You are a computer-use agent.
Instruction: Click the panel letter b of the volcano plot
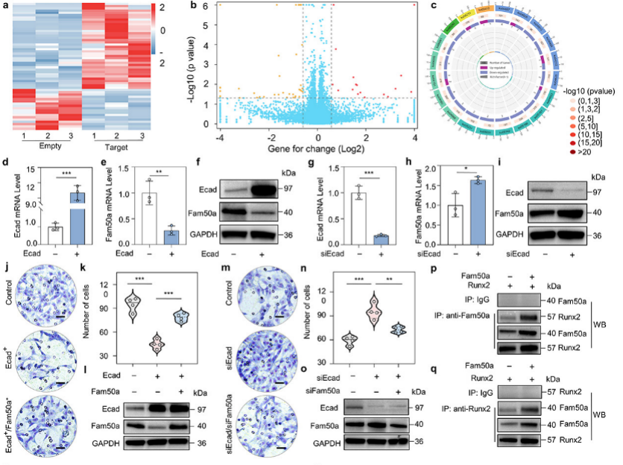(195, 7)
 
